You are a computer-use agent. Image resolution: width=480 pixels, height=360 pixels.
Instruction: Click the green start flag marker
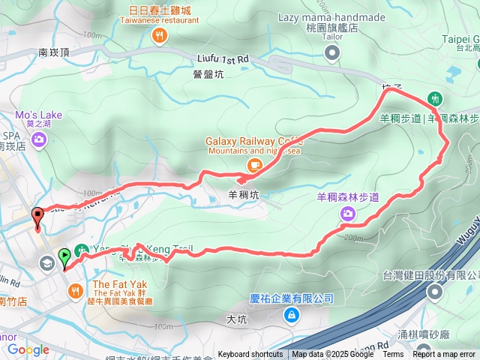pos(64,257)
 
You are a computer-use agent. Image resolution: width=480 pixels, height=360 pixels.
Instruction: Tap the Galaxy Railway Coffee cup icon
pos(254,164)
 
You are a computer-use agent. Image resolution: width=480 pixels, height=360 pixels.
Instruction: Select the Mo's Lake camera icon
pos(38,138)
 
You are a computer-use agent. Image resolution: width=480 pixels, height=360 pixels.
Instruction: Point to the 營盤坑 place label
pos(208,73)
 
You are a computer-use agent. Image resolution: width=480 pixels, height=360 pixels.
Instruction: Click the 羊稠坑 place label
pos(243,194)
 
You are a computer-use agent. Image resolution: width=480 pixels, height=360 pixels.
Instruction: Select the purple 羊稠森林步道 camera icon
pos(348,214)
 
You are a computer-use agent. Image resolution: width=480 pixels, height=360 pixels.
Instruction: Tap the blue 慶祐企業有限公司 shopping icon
pos(290,315)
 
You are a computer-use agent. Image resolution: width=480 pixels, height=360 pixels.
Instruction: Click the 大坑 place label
pos(235,319)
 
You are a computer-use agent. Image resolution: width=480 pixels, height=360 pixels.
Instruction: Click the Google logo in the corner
pos(28,349)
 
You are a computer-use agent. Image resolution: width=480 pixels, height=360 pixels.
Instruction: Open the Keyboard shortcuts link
pos(250,355)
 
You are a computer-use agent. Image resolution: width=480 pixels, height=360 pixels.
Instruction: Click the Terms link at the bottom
pos(393,355)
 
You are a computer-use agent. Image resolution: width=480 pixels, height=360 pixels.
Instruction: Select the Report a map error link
pos(444,355)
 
